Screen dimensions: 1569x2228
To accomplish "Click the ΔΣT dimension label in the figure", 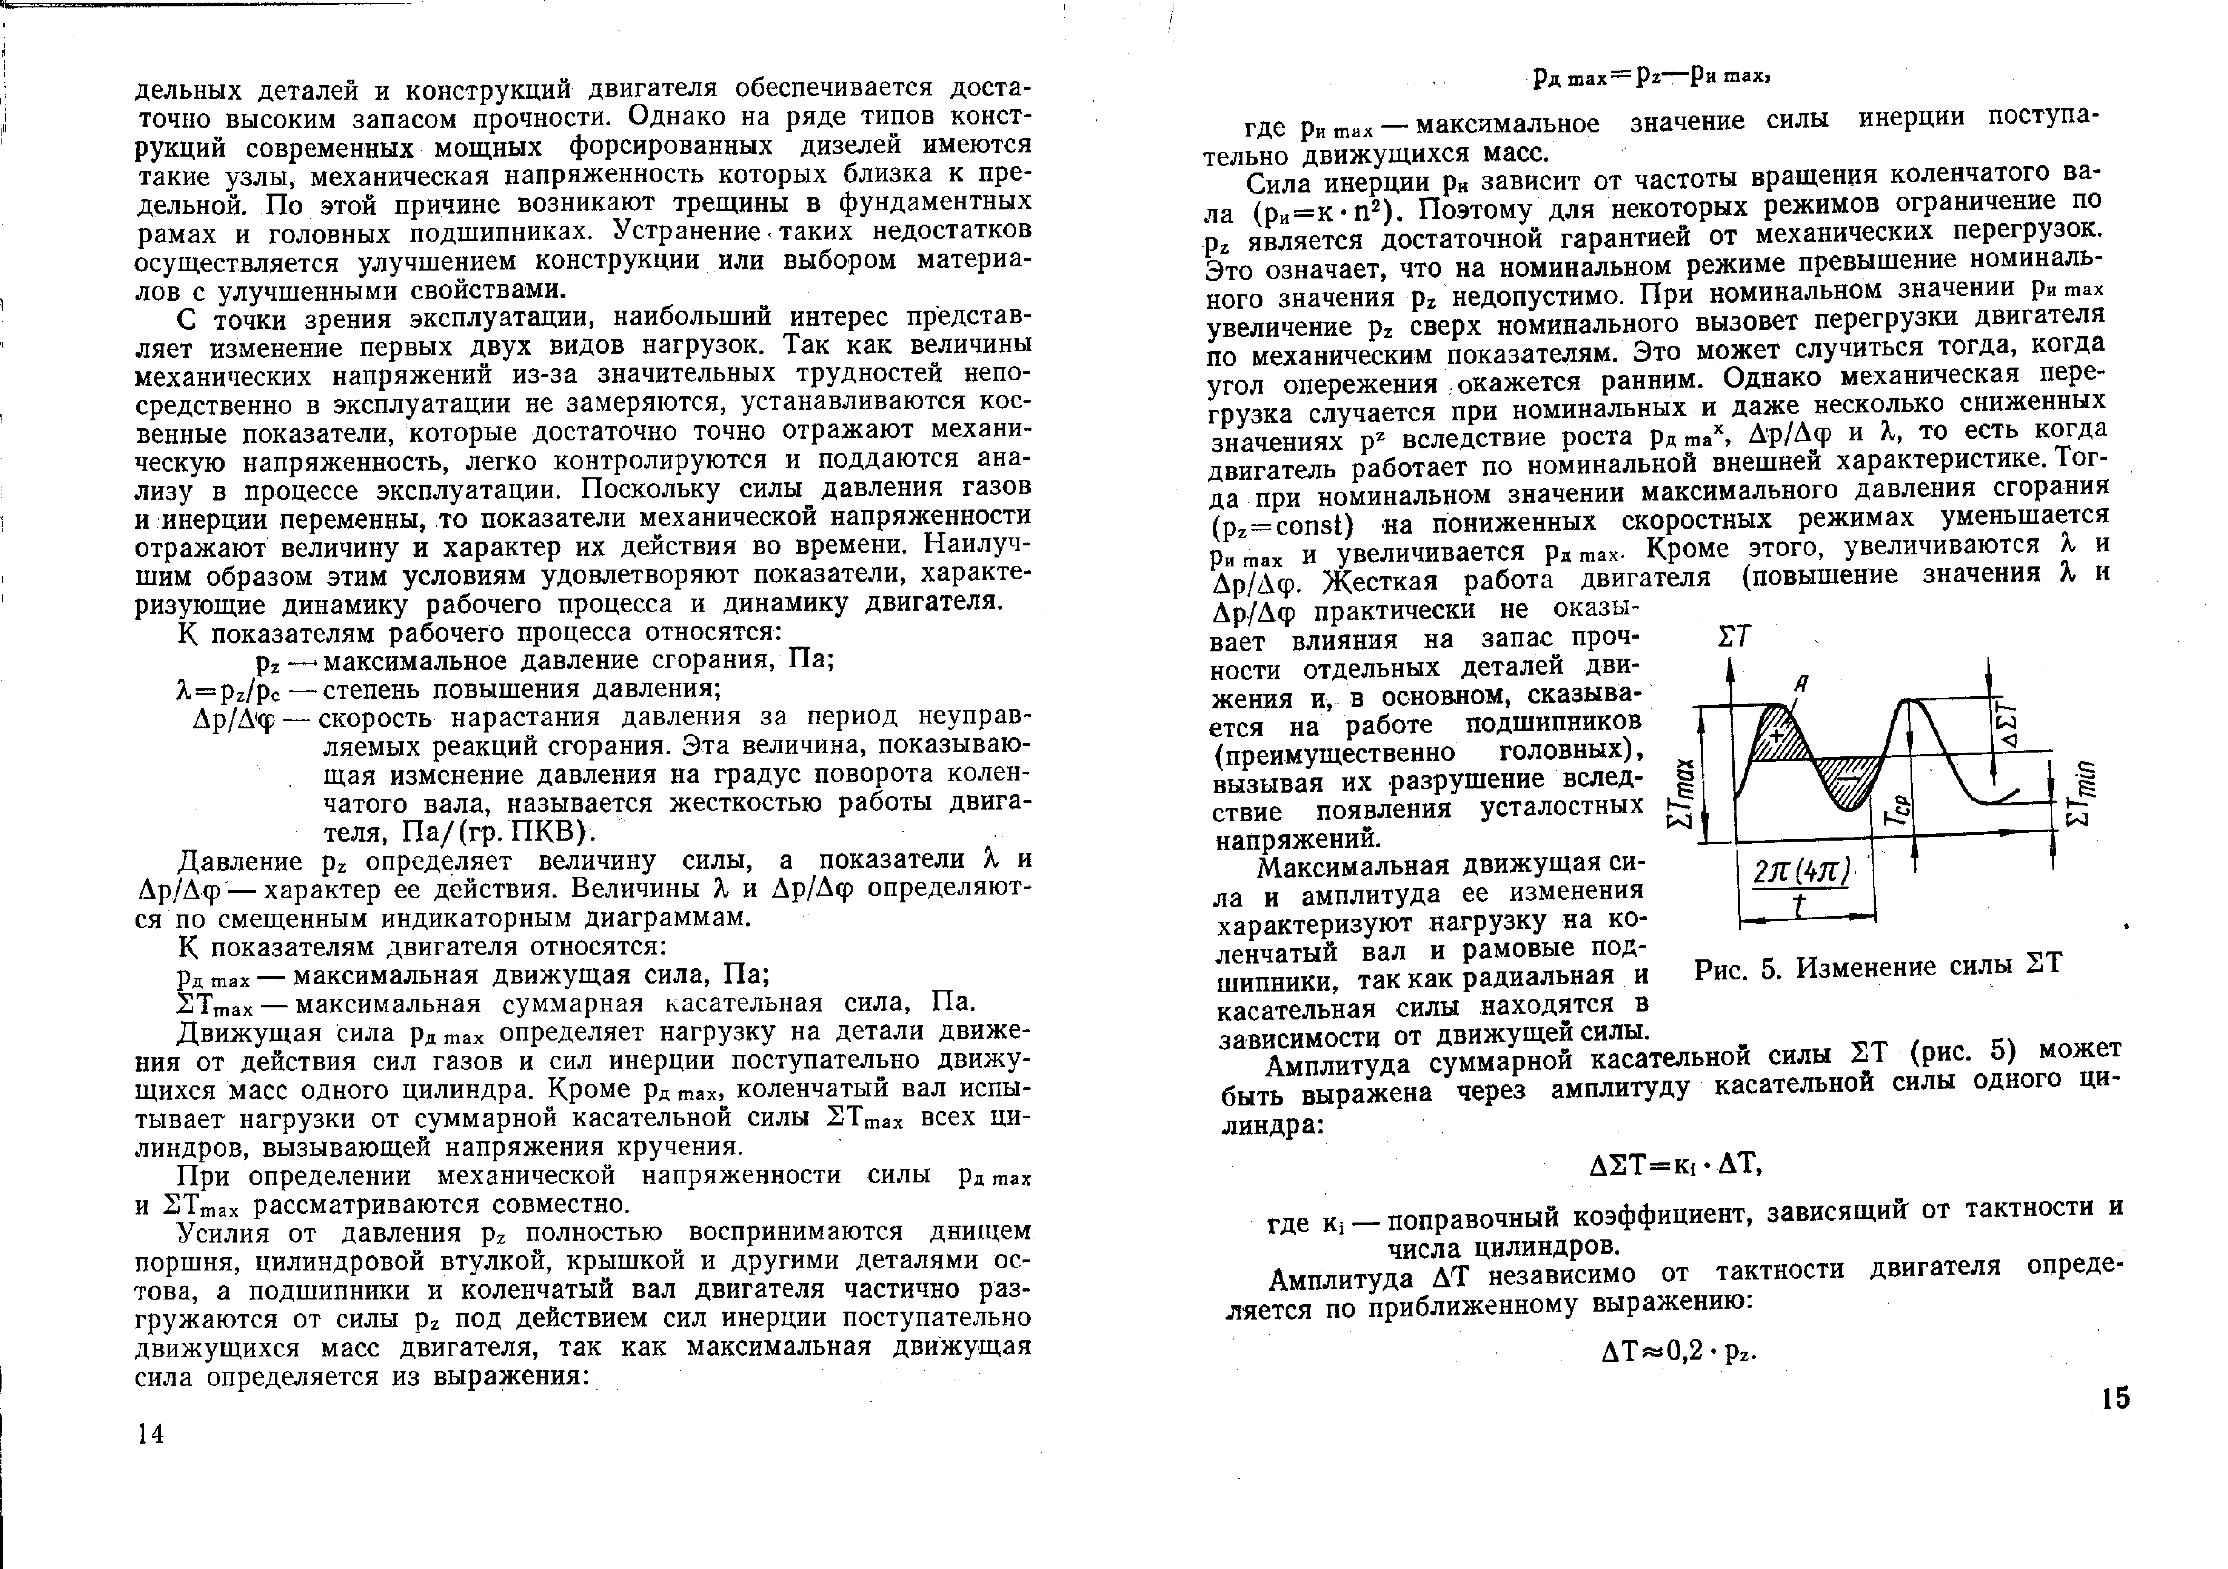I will point(2003,723).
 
